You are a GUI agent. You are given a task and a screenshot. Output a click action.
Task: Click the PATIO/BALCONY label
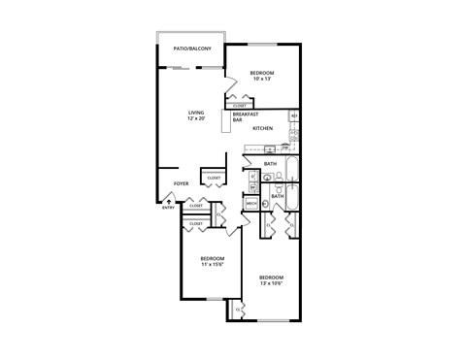(x=191, y=47)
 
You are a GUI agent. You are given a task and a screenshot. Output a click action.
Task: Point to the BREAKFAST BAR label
(x=244, y=116)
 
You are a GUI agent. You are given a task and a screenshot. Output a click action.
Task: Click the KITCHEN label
(x=262, y=128)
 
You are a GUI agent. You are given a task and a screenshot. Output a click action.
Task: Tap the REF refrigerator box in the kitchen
(x=294, y=116)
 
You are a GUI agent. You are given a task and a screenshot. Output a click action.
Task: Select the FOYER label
(x=181, y=183)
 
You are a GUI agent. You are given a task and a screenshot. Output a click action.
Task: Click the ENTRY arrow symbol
(x=169, y=201)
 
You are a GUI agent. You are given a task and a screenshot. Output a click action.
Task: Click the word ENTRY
(x=168, y=209)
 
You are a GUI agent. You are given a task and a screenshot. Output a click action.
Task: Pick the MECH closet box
(x=250, y=203)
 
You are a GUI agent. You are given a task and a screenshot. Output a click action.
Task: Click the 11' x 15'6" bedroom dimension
(x=213, y=263)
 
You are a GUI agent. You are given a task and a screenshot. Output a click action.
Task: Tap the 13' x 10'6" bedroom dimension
(x=271, y=281)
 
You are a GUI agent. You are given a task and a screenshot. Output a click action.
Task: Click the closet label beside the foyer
(x=213, y=178)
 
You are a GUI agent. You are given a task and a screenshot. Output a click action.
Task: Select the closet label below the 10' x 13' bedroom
(x=240, y=105)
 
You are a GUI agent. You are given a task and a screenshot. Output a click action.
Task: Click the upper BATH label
(x=271, y=164)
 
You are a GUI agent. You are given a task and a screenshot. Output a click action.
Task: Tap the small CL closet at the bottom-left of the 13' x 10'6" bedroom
(x=239, y=309)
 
